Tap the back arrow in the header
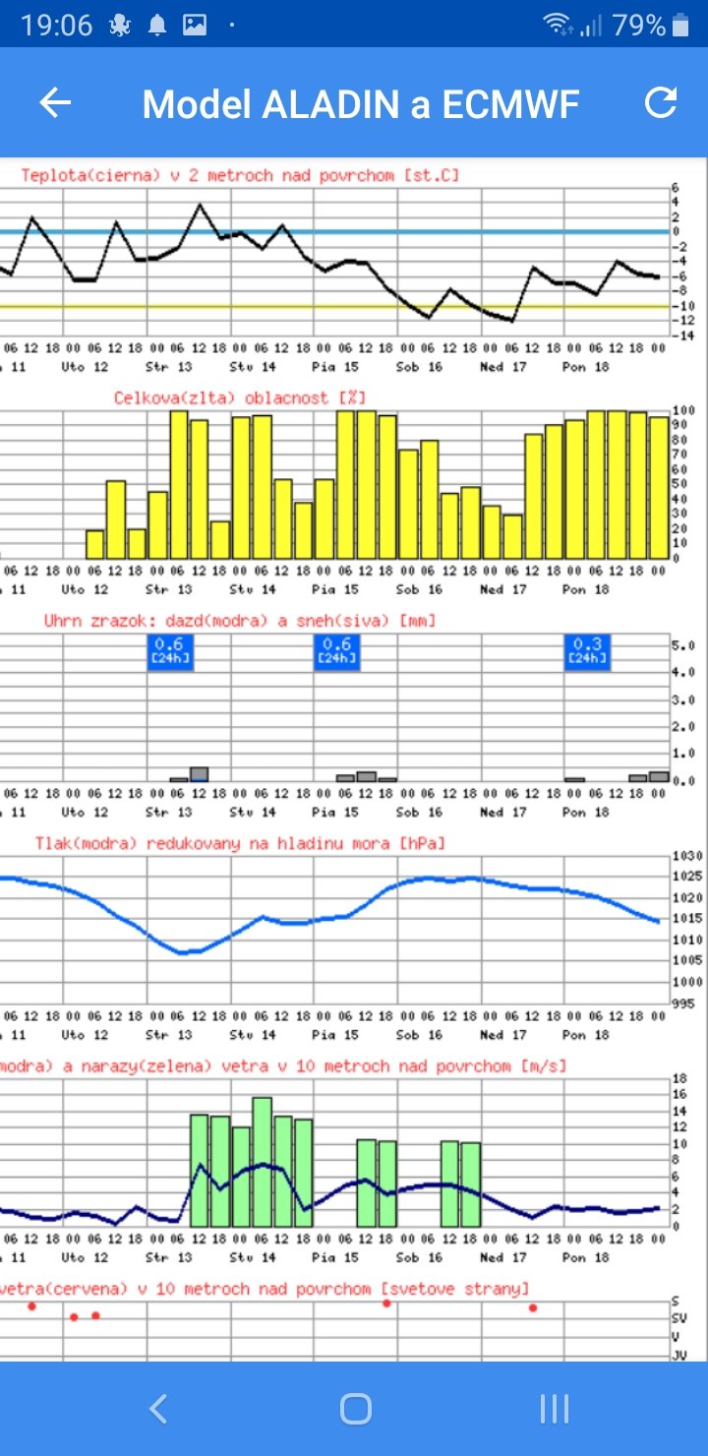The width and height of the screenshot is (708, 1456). [55, 103]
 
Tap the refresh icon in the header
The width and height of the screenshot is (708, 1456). [661, 103]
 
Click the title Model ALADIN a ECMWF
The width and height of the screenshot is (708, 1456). [361, 103]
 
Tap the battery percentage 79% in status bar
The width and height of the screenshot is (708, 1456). [638, 26]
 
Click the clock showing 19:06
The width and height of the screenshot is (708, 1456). [57, 26]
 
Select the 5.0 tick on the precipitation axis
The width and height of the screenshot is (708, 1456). [683, 646]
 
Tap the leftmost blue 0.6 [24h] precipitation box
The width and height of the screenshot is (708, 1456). [170, 650]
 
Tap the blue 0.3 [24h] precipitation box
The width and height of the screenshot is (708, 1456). [587, 650]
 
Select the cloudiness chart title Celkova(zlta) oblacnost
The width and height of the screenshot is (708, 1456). [240, 397]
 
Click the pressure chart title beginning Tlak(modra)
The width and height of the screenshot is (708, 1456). [240, 843]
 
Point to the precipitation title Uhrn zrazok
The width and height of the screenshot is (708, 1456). [239, 621]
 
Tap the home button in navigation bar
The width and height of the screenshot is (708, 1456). [355, 1409]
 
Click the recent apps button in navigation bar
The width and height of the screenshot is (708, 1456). [555, 1409]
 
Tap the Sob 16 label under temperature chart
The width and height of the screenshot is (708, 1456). [420, 367]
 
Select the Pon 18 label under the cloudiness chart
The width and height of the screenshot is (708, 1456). [586, 589]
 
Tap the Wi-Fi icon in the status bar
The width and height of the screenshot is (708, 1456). [559, 25]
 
